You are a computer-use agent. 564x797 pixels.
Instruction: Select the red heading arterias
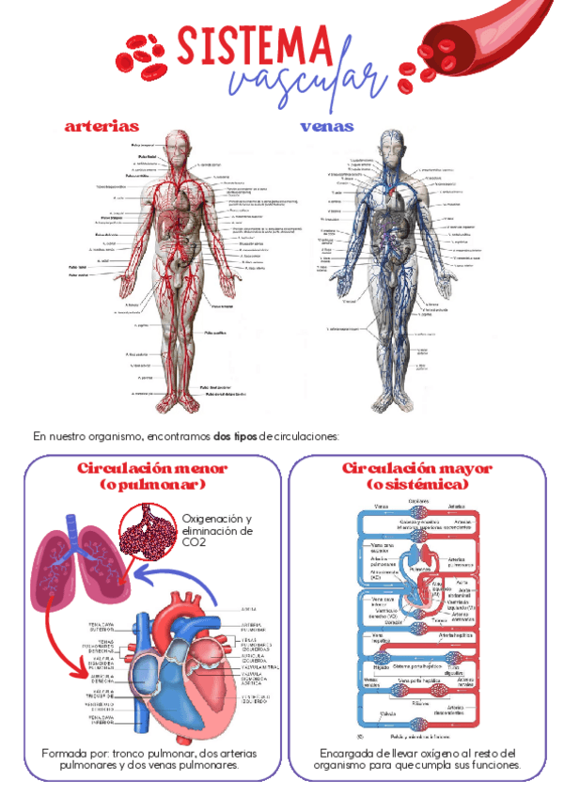click(x=102, y=126)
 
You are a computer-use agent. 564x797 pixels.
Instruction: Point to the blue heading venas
click(x=327, y=126)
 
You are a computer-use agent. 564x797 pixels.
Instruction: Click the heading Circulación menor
click(x=152, y=468)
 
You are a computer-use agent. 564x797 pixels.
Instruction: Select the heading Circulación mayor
click(x=406, y=468)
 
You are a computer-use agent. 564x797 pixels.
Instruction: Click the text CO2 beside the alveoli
click(x=194, y=542)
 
